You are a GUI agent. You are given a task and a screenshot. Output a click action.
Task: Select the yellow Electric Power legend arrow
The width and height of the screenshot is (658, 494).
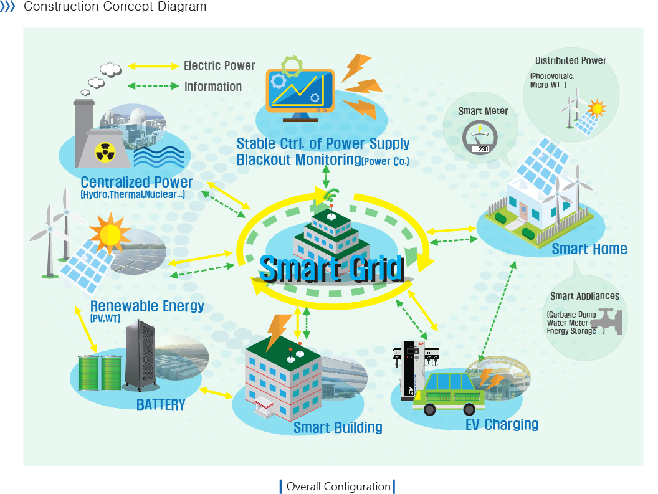153,65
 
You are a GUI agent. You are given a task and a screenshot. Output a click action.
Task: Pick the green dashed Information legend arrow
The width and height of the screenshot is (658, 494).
153,87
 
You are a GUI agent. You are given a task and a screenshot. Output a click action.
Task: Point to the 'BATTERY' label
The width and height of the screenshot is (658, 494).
161,405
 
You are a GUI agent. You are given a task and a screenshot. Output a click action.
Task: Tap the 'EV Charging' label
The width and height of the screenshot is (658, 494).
502,425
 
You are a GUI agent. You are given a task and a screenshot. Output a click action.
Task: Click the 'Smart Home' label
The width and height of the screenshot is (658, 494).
589,249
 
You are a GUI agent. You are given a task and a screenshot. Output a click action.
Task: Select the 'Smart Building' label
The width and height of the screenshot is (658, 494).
338,427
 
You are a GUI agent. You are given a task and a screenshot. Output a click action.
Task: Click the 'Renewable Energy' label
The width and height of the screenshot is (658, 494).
147,306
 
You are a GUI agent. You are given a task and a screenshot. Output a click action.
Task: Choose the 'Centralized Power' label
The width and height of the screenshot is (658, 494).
136,183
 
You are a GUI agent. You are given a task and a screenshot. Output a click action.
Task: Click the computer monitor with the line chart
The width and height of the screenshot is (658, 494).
300,90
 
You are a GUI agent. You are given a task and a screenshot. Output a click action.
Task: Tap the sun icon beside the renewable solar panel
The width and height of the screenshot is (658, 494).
110,234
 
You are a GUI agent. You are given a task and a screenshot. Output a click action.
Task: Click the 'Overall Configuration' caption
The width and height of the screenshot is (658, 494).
338,487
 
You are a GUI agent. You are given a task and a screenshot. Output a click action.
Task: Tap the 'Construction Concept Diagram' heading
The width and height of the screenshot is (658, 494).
115,7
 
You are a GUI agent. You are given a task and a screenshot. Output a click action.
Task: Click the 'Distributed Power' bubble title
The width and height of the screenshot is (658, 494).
570,60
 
